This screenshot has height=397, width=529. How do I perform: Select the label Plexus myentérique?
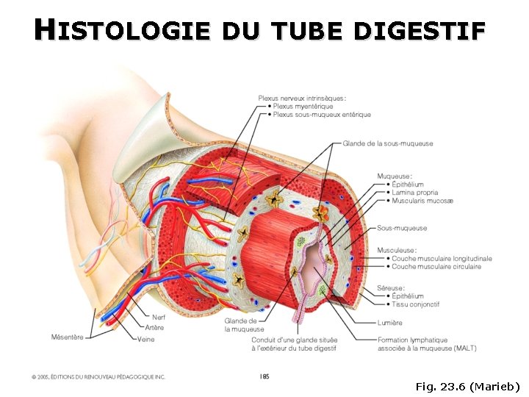pos(303,106)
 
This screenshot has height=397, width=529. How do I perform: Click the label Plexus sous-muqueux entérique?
pos(321,115)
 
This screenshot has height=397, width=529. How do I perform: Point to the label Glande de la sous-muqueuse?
pos(388,143)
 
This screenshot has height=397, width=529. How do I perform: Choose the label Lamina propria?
pos(415,192)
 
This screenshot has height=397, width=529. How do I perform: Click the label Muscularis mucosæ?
pos(422,200)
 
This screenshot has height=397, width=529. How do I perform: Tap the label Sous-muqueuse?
pos(402,228)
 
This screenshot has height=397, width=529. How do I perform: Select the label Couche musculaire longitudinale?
pos(442,259)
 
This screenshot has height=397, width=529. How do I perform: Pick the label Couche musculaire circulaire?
pos(436,267)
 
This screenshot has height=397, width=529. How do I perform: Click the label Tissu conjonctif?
pos(416,304)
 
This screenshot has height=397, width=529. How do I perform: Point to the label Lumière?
pos(389,323)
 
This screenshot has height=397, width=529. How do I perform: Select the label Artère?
pos(154,328)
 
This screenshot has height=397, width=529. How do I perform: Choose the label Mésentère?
pos(67,337)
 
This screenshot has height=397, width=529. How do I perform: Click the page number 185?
pos(264,376)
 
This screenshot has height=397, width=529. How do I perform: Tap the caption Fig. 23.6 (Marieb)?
pos(467,386)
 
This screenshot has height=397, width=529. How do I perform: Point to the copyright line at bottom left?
pos(98,377)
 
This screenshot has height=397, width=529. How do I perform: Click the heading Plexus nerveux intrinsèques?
pos(303,98)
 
